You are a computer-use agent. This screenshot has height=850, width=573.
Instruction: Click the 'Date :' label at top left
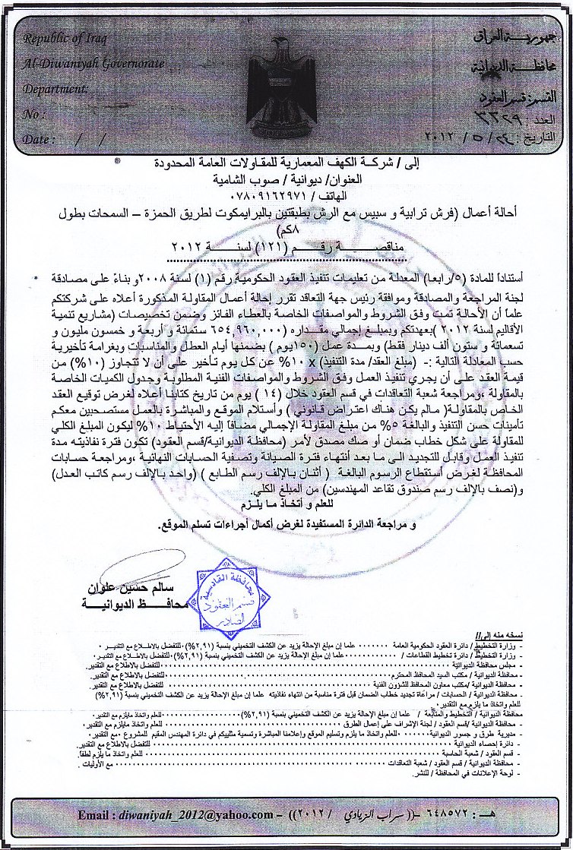click(38, 140)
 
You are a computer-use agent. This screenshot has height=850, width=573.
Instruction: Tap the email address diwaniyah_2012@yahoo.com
click(200, 815)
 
